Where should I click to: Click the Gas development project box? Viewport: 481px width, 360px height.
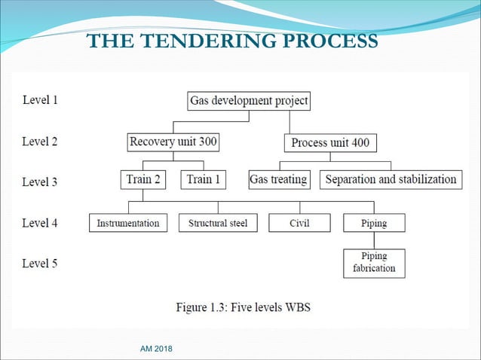click(x=249, y=101)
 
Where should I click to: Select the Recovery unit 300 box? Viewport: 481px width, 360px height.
click(x=173, y=142)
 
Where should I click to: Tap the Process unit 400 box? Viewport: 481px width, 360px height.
click(x=330, y=142)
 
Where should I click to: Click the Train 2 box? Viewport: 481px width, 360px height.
click(x=142, y=180)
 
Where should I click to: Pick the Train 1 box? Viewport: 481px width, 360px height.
click(x=204, y=180)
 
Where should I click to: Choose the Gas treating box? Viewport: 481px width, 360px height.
click(x=278, y=180)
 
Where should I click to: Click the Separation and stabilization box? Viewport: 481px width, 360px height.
click(x=391, y=180)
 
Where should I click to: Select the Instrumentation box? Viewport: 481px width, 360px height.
click(x=128, y=223)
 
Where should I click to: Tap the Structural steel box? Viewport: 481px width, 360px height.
click(x=218, y=223)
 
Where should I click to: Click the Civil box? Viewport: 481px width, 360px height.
click(x=299, y=223)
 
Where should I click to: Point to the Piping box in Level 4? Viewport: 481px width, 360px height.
click(x=374, y=223)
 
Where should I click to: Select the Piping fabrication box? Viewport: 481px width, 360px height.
click(x=374, y=263)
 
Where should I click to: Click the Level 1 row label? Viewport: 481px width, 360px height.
click(x=40, y=99)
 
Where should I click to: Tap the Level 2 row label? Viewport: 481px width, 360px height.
click(x=40, y=141)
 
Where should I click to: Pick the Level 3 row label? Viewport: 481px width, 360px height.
click(x=40, y=182)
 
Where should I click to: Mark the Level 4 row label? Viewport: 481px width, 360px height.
click(x=40, y=223)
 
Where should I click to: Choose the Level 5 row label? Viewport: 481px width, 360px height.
click(x=40, y=264)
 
